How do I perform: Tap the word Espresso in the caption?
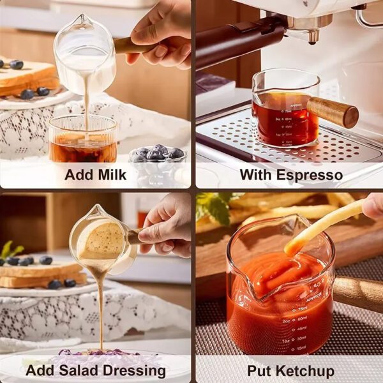point(310,175)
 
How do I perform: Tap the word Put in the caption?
point(259,370)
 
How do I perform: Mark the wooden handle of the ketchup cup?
point(357,293)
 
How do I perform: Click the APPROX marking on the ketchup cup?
point(313,297)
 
